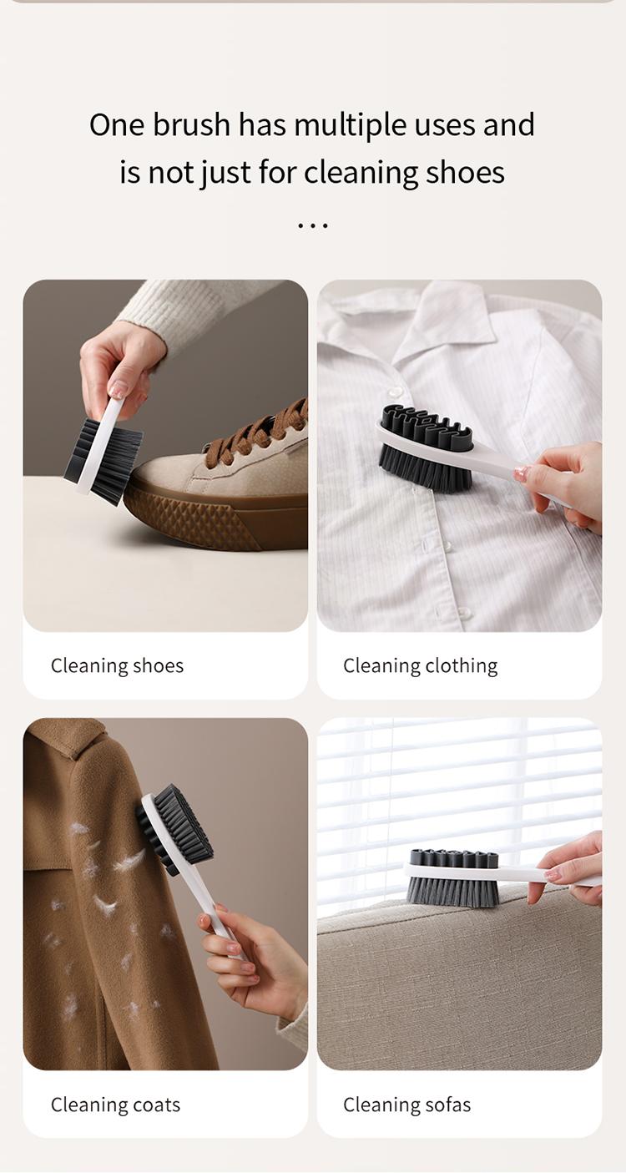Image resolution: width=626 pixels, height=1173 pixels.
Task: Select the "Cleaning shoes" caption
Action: tap(117, 665)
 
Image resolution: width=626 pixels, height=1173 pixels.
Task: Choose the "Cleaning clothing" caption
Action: tap(420, 665)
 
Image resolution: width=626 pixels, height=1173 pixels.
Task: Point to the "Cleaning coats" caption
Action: tap(115, 1105)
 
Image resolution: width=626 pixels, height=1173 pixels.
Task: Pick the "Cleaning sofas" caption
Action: tap(406, 1105)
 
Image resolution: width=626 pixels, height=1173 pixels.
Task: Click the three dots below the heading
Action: tap(313, 225)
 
